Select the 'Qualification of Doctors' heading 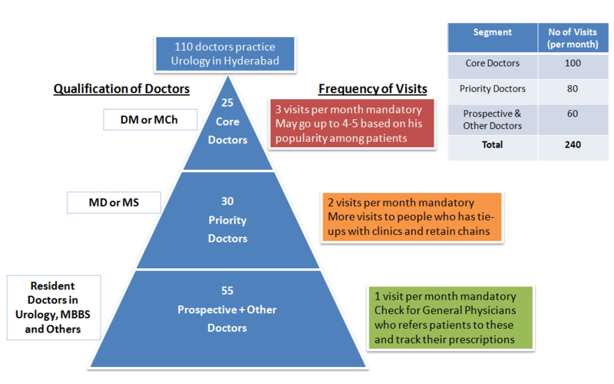120,89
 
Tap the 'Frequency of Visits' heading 372,89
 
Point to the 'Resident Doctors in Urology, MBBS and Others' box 54,307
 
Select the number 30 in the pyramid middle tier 227,202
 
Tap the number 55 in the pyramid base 226,290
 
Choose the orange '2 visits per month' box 411,217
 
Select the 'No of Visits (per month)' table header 572,38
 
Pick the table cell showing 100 572,63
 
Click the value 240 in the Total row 572,144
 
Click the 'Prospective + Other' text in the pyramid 226,310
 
